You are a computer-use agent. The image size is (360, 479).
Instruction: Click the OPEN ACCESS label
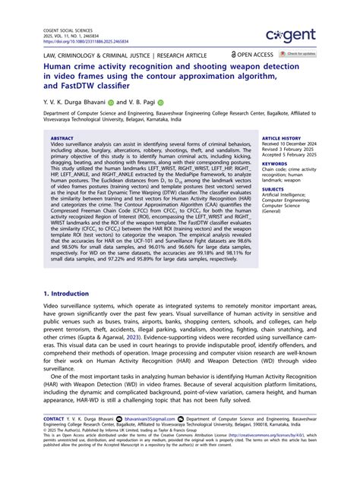tap(255, 55)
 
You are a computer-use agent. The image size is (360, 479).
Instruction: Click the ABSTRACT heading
tap(62, 139)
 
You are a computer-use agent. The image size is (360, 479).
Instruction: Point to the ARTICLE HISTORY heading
tap(282, 139)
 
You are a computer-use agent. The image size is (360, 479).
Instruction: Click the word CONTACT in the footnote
tap(54, 418)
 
